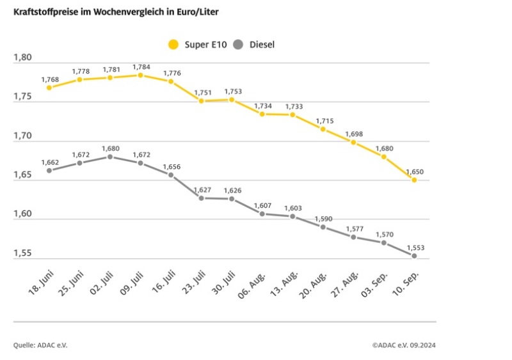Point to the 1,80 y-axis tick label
click(23, 58)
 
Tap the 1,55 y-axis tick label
click(23, 254)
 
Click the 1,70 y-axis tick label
click(23, 136)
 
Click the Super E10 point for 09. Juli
click(140, 75)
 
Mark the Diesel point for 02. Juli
click(110, 157)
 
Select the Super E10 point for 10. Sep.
click(414, 180)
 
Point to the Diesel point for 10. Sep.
click(414, 256)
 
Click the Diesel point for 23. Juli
click(201, 198)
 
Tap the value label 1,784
click(141, 67)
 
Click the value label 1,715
click(323, 120)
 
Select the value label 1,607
click(262, 205)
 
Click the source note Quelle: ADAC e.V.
click(40, 345)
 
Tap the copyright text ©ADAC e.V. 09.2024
click(404, 345)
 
